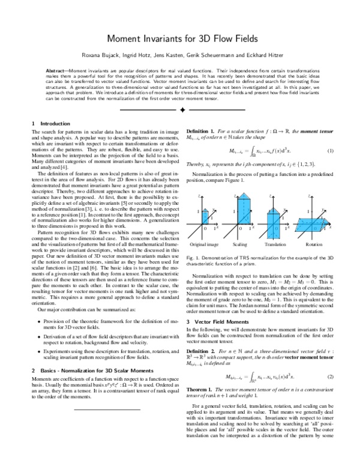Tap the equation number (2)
(x=329, y=360)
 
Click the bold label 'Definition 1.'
(x=202, y=130)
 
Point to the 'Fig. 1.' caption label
(x=193, y=256)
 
